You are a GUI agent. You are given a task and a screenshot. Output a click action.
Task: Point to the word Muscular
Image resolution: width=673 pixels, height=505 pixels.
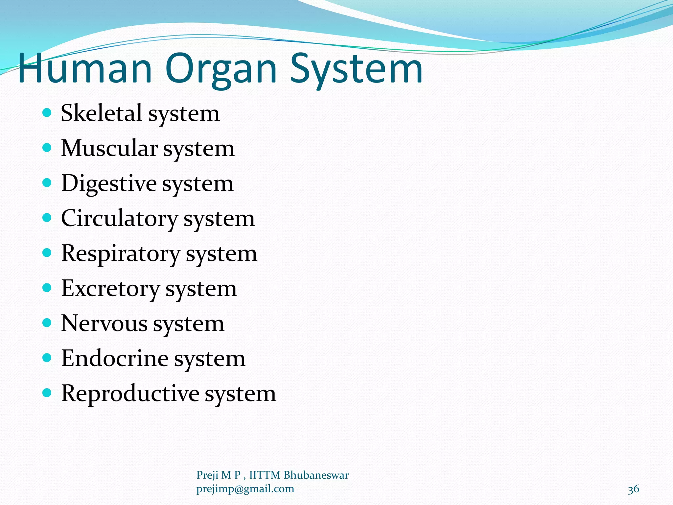tap(109, 148)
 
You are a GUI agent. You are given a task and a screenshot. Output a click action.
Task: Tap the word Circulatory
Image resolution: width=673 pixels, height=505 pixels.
tap(119, 219)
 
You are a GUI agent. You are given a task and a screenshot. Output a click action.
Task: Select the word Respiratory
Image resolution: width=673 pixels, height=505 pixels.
tap(121, 254)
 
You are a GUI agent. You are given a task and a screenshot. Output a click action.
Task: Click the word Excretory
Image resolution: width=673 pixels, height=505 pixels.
tap(110, 289)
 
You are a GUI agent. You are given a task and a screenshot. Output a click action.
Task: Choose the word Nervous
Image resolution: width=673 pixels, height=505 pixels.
tap(104, 324)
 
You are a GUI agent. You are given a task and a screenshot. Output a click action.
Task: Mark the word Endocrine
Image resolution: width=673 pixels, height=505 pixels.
tap(115, 358)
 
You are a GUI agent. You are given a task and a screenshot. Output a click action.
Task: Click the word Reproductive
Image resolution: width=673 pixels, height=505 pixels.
tap(130, 394)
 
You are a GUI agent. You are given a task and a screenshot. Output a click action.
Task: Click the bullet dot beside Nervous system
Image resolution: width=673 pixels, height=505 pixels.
tap(47, 323)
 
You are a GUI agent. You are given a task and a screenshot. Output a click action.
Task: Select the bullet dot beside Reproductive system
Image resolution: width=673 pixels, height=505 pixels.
tap(47, 393)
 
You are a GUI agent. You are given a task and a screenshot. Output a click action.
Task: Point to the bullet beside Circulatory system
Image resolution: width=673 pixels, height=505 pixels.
tap(47, 218)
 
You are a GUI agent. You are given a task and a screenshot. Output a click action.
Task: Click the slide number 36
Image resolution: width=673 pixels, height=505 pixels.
tap(633, 489)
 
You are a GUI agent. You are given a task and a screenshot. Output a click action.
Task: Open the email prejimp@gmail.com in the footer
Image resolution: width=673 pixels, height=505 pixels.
tap(245, 489)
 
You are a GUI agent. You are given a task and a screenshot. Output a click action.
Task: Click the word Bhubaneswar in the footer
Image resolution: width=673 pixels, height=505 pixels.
tap(316, 475)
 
